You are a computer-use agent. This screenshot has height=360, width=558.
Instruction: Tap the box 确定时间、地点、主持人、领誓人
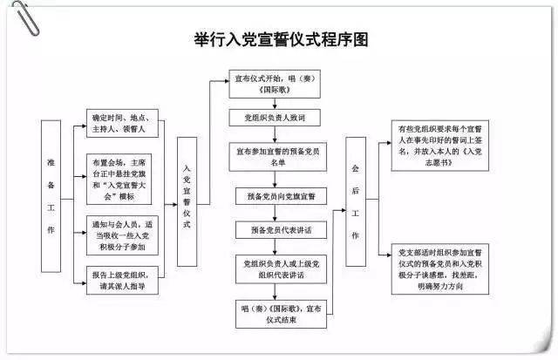125,124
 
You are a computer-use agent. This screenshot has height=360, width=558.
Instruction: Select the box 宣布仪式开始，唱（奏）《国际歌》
278,84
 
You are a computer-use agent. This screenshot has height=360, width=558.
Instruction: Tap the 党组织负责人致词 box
277,117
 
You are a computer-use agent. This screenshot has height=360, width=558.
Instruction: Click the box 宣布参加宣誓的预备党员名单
277,155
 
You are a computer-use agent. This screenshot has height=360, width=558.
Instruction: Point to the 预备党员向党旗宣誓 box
276,195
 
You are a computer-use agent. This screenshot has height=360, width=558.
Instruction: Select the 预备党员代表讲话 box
276,229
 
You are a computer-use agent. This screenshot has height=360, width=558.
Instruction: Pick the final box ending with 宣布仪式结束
276,311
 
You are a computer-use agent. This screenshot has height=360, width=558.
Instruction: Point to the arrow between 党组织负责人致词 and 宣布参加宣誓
277,133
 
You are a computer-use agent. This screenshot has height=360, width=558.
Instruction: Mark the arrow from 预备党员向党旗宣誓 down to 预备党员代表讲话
277,213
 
